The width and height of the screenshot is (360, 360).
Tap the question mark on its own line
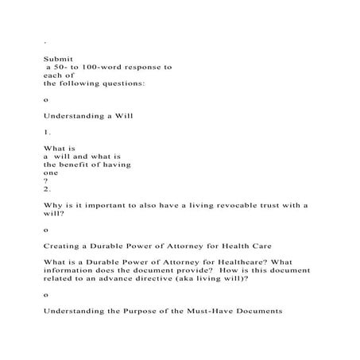(x=46, y=180)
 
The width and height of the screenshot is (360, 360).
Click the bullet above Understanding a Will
(x=46, y=99)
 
